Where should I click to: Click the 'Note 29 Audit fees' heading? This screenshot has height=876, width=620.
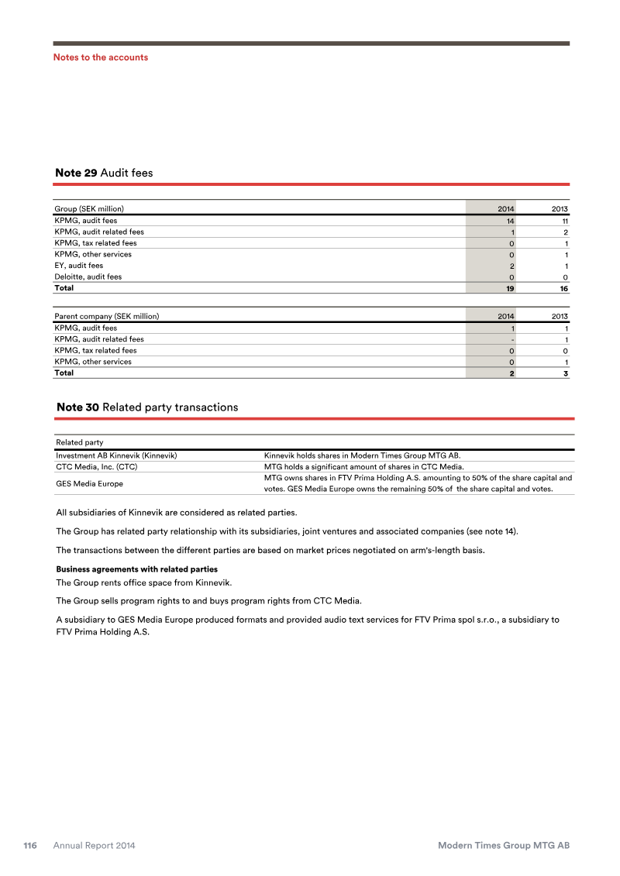[x=104, y=173]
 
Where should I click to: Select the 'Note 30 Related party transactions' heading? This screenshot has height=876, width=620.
[x=147, y=407]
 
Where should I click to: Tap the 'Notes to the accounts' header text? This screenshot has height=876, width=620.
[x=100, y=57]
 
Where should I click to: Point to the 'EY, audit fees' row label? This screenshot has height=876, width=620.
[x=78, y=266]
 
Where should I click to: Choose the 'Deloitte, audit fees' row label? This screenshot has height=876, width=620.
[x=88, y=277]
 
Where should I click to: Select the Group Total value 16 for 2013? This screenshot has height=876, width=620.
[x=563, y=288]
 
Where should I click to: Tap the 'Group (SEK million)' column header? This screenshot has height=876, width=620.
[x=89, y=208]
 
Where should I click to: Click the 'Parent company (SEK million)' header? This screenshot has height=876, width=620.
[x=106, y=316]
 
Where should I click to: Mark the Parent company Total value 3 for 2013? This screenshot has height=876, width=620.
[x=566, y=373]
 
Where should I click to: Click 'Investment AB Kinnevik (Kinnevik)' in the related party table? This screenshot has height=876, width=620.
[x=116, y=455]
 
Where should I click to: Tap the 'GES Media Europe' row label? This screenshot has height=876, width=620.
[x=89, y=484]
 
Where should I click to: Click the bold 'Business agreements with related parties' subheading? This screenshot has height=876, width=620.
[x=136, y=569]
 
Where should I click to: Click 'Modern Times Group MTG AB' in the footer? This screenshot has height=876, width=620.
[x=504, y=846]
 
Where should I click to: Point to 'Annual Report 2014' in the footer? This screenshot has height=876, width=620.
[x=94, y=846]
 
